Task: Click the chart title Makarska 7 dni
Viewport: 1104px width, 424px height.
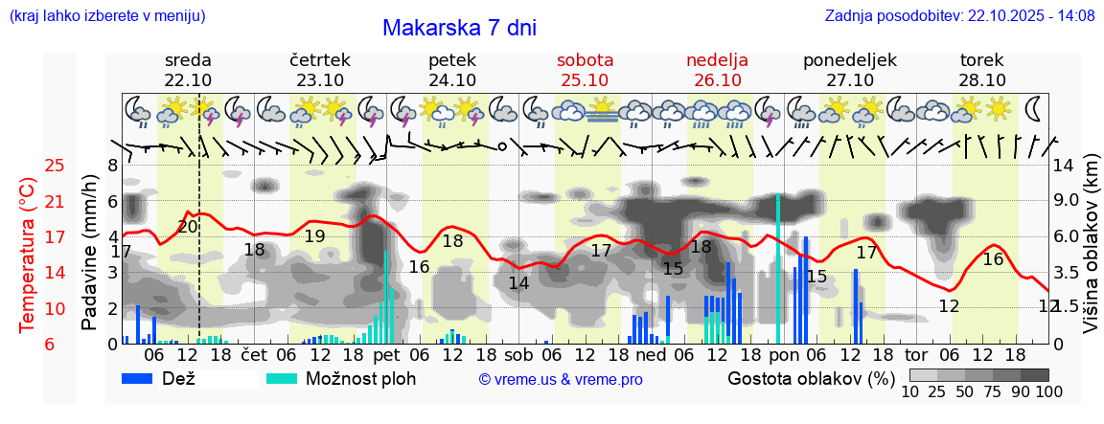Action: click(459, 28)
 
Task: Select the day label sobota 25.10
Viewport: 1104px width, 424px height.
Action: click(585, 70)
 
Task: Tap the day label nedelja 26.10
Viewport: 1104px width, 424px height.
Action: click(717, 70)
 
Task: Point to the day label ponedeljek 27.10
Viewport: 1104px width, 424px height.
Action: click(849, 70)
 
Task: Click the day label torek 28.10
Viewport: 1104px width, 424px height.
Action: click(982, 70)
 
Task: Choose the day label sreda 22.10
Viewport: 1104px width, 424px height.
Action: click(188, 70)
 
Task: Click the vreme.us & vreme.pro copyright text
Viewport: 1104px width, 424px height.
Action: click(561, 379)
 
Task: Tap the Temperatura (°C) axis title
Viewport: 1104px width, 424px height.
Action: click(27, 255)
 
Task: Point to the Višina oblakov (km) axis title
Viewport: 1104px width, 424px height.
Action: click(1092, 255)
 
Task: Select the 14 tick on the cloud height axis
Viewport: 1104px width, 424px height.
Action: click(1064, 166)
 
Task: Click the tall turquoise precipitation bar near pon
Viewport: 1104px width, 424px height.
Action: click(777, 268)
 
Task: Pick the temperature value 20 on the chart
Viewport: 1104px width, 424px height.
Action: click(188, 227)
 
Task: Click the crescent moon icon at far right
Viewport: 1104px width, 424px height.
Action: click(1034, 108)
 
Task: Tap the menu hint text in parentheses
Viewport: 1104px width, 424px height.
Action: click(106, 15)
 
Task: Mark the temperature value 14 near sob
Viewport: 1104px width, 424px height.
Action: click(518, 283)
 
